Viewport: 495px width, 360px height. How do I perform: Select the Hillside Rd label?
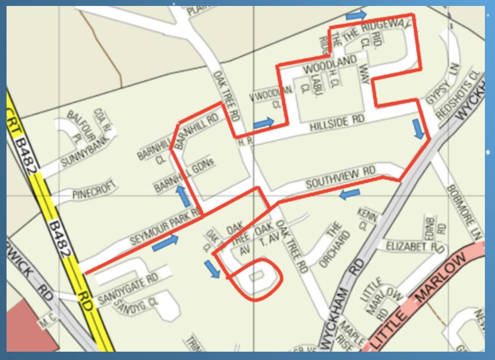pos(336,123)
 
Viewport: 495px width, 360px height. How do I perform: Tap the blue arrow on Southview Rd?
pos(350,194)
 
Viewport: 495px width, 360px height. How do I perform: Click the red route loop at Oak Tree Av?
pos(257,279)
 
